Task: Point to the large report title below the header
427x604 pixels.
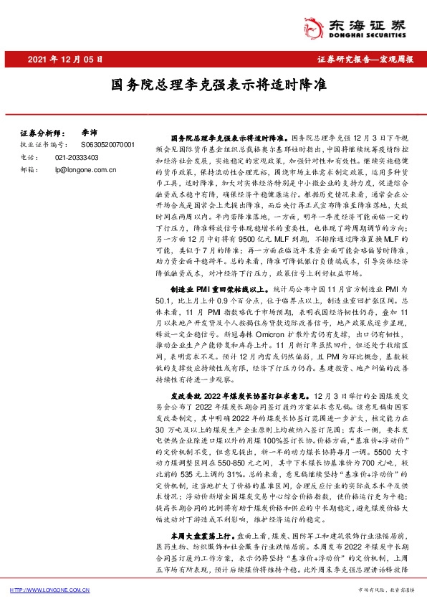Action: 214,85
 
